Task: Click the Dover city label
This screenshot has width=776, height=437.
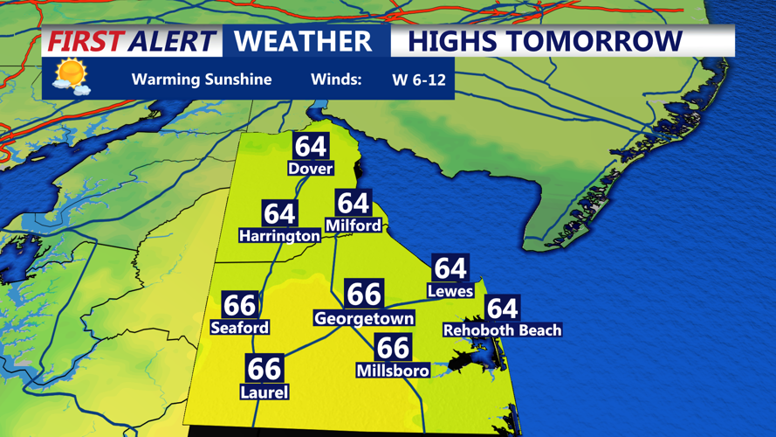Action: (x=311, y=168)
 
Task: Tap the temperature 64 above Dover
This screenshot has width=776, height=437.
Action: (x=311, y=146)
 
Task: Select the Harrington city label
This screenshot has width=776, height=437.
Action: (x=279, y=235)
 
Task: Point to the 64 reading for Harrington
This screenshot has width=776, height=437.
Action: (x=279, y=213)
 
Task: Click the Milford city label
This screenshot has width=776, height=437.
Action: (x=353, y=225)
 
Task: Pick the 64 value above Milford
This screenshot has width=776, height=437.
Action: (x=353, y=203)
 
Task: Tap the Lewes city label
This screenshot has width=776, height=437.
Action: (x=450, y=290)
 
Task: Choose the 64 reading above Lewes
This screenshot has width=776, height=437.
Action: (x=450, y=267)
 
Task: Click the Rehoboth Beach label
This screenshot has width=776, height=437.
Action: (x=502, y=329)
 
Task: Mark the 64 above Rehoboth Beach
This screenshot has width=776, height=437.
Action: (x=502, y=308)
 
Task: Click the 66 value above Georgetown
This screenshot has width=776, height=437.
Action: (x=363, y=295)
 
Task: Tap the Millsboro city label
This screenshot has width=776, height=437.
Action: (x=393, y=371)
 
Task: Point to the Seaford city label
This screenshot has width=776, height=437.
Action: (x=240, y=327)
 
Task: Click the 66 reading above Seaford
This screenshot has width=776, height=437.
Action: (x=240, y=305)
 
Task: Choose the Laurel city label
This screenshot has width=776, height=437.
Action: (x=264, y=392)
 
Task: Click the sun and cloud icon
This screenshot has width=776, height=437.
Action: (x=71, y=77)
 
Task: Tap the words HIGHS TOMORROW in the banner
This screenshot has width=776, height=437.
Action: (x=546, y=41)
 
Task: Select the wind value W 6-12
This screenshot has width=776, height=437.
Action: (x=419, y=80)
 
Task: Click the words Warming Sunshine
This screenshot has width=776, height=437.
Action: (x=202, y=80)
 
